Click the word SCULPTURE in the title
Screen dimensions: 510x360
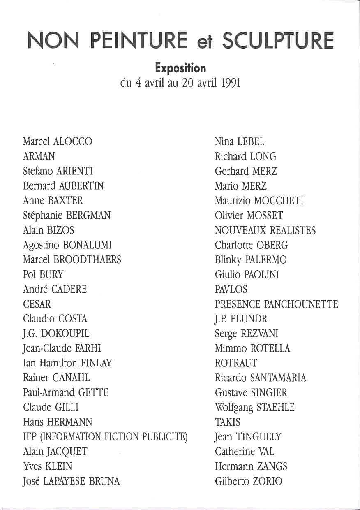(x=278, y=41)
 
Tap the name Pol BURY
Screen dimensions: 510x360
(x=43, y=274)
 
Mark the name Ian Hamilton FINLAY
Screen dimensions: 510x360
(x=67, y=363)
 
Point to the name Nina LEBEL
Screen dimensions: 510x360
(x=240, y=142)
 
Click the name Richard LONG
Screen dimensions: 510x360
(x=245, y=156)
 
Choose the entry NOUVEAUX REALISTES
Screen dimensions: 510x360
(x=265, y=230)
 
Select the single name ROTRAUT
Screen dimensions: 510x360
(x=236, y=363)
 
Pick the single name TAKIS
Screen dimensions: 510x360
(x=228, y=422)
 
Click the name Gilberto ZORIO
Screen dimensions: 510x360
(x=248, y=481)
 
